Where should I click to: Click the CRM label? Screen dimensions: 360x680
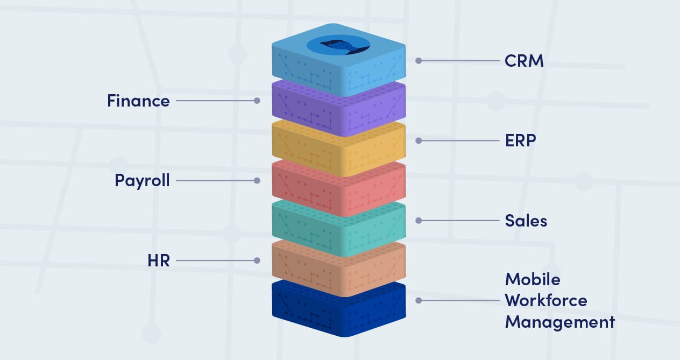524,61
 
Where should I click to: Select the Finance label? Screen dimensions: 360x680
138,101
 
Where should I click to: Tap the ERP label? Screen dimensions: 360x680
520,140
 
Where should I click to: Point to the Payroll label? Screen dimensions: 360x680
142,180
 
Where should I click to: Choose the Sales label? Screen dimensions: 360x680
526,221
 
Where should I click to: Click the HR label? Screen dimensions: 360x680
158,260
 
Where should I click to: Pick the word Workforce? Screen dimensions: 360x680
546,300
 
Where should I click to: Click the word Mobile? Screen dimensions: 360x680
532,279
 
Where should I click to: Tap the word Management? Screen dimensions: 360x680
559,322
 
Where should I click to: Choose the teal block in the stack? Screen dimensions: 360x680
338,229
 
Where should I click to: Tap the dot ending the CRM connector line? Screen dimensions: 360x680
419,61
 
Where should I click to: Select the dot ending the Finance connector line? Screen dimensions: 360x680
257,101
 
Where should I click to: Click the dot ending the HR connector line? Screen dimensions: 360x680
257,260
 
